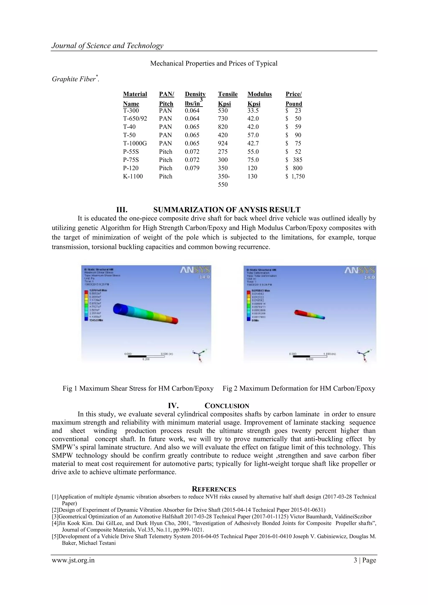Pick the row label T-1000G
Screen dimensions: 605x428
(x=135, y=143)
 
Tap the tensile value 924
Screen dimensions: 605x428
(x=223, y=143)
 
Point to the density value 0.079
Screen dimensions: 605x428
(x=192, y=168)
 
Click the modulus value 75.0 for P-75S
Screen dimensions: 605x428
(x=253, y=160)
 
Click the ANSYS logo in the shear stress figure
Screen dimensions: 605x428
(x=195, y=270)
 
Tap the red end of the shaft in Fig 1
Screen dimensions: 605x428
(x=175, y=321)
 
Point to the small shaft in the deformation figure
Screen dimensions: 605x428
(x=309, y=314)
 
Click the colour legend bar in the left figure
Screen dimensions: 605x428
(x=86, y=305)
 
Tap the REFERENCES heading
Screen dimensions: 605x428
(x=214, y=489)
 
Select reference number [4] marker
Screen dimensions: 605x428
(x=55, y=523)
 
